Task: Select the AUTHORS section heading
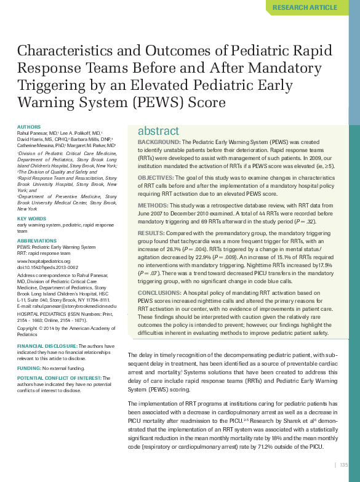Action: [x=29, y=127]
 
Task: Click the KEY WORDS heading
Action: [x=31, y=219]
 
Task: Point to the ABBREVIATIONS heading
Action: [x=37, y=241]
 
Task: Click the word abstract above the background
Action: [x=158, y=131]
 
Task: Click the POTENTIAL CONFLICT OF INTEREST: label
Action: [x=58, y=378]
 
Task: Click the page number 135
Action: [x=344, y=465]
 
